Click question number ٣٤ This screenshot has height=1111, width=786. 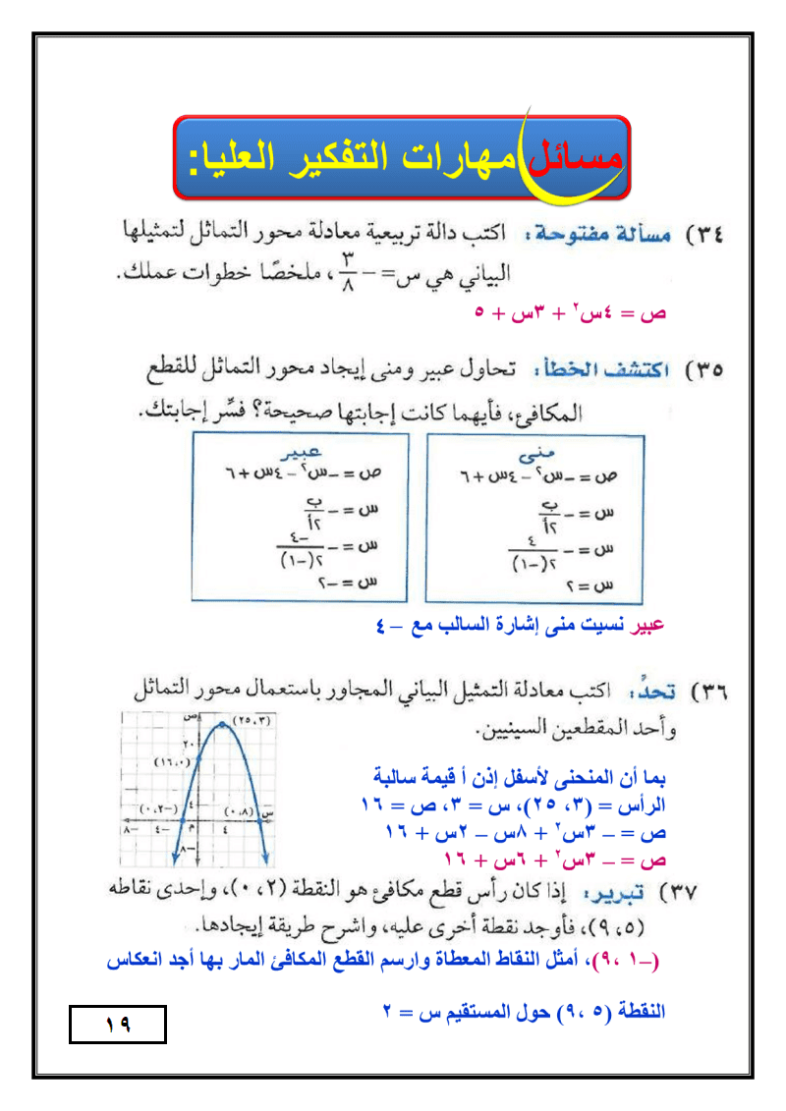tap(705, 236)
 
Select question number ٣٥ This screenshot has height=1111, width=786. tap(705, 371)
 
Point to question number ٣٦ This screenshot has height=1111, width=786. tap(705, 692)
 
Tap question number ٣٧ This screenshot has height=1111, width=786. tap(705, 894)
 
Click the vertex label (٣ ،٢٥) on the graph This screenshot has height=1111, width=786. tap(252, 722)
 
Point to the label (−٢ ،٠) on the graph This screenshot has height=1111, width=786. tap(157, 808)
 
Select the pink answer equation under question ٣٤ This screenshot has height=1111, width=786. tap(571, 313)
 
